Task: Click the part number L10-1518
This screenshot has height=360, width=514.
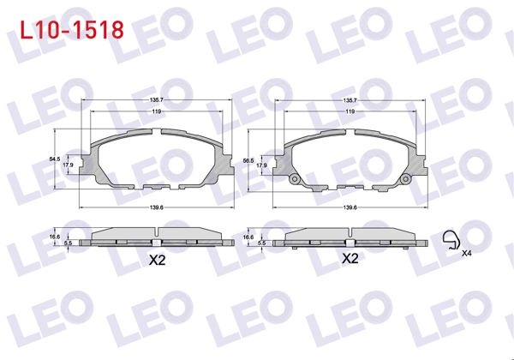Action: click(x=68, y=30)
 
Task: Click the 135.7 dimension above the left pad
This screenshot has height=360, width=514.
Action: click(x=156, y=100)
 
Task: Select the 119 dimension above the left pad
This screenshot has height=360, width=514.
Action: click(x=156, y=111)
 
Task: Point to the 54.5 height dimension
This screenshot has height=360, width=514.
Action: click(x=54, y=159)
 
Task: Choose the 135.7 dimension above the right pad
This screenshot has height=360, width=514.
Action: click(x=350, y=100)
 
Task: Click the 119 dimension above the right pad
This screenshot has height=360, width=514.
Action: click(x=350, y=111)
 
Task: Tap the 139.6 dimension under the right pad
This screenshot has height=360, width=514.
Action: click(x=350, y=207)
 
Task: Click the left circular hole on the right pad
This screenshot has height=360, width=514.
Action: click(x=294, y=179)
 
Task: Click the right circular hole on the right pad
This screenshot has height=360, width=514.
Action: click(x=406, y=179)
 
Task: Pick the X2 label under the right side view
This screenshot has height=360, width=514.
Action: click(x=350, y=258)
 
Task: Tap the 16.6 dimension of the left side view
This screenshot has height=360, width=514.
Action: click(x=54, y=236)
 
